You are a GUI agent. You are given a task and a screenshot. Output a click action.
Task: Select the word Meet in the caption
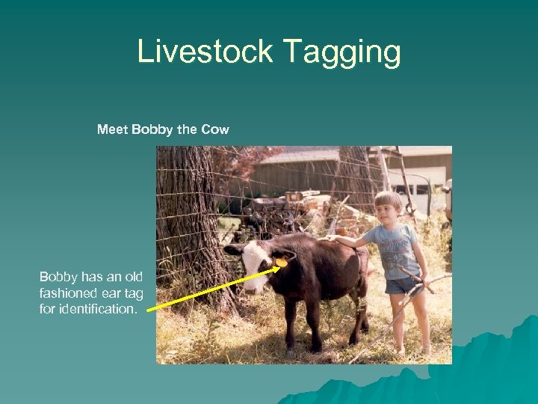(x=112, y=129)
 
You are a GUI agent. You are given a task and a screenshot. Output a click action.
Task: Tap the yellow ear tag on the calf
(x=282, y=262)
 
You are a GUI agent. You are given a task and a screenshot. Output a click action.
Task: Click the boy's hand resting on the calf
(x=333, y=239)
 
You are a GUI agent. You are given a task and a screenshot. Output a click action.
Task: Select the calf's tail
(x=364, y=277)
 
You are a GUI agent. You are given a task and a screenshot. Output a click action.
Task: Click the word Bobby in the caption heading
(x=152, y=129)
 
